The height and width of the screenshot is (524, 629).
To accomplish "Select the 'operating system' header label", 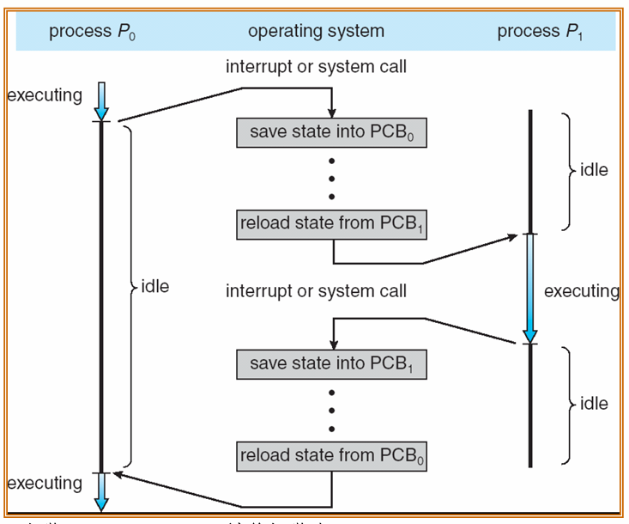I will [316, 33].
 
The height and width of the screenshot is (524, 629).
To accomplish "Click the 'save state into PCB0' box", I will [331, 132].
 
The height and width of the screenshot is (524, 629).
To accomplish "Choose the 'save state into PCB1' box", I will [331, 363].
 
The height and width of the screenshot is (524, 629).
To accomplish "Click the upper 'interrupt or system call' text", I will [316, 66].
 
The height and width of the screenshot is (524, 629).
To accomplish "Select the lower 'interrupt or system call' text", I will [316, 291].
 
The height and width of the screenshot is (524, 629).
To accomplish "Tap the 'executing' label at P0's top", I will [45, 94].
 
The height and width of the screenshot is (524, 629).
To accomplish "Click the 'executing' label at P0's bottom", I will [45, 484].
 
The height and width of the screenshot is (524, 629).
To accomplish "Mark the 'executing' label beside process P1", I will [581, 291].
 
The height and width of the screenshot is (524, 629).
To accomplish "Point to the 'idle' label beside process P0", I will [155, 286].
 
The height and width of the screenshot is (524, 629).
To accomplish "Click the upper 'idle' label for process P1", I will [594, 170].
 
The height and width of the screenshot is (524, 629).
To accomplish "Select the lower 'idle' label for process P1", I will [594, 404].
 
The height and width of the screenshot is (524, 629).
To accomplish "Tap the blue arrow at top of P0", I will [101, 101].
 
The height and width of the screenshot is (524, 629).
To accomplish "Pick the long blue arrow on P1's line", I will [531, 288].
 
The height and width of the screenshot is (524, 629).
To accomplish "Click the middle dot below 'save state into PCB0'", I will [331, 178].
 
